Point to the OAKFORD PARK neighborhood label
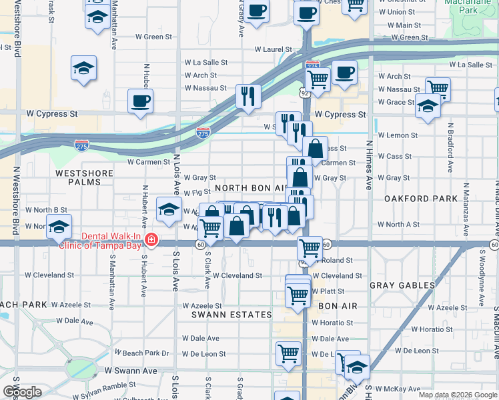coord(420,199)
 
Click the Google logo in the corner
coord(22,393)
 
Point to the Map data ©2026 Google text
coord(457,395)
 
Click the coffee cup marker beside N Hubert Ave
coord(141,102)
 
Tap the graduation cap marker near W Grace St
coord(428,106)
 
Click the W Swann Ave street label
coord(130,371)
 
